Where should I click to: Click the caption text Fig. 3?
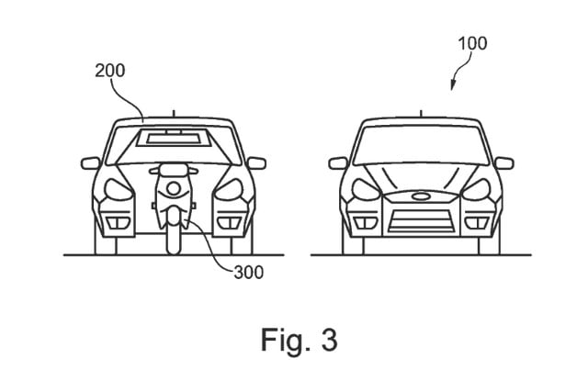coord(297,340)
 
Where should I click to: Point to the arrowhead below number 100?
coord(452,87)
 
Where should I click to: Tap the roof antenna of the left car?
coord(172,114)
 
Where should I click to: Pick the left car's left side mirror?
coord(90,163)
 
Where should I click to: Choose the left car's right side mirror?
coord(255,163)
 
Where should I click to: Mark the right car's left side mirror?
coord(338,163)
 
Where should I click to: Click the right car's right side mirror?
coord(503,163)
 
